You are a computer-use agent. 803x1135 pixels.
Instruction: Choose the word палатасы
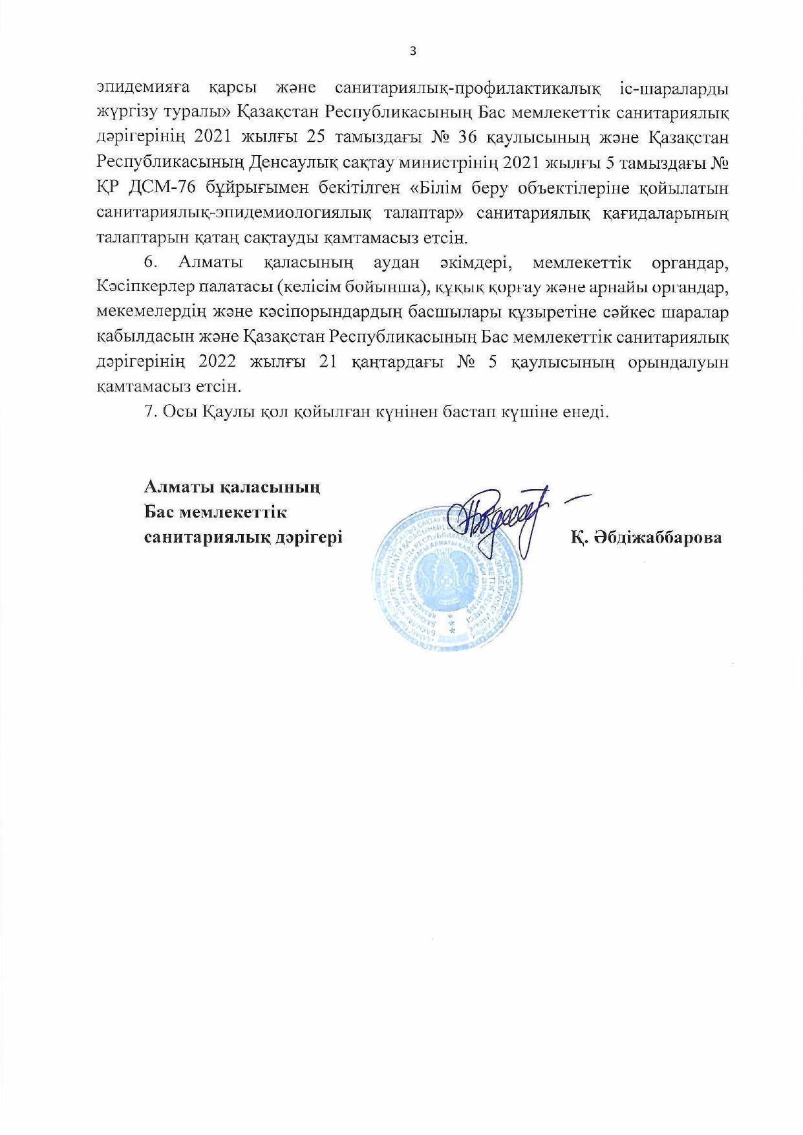coord(228,287)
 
